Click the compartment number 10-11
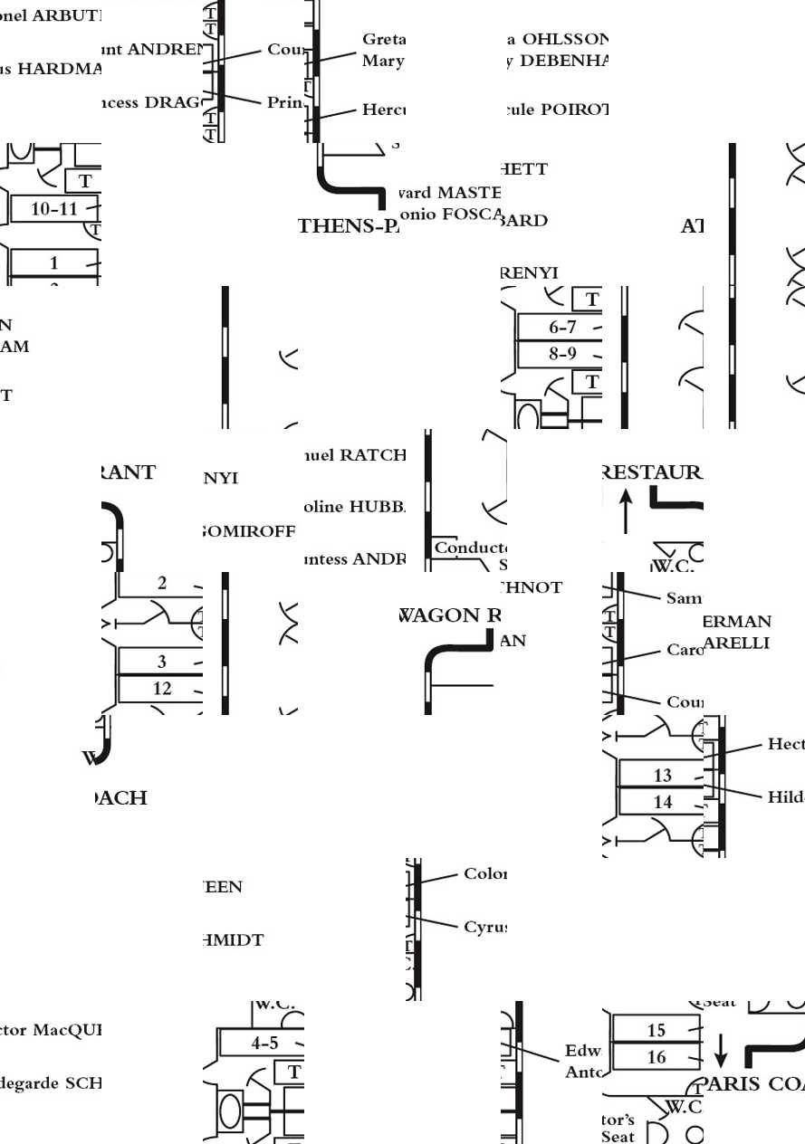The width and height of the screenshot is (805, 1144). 54,209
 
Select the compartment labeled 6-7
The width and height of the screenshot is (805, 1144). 562,328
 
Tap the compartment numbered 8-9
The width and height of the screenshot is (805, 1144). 562,354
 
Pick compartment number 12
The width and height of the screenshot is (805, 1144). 162,689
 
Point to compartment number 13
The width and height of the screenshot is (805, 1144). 663,775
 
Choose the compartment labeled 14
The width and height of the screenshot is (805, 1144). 663,802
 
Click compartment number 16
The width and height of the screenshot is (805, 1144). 656,1057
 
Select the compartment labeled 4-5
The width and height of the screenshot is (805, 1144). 264,1044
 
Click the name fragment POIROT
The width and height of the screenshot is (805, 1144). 574,110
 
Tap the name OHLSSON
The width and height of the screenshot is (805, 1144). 565,40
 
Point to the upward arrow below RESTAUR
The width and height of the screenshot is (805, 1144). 625,511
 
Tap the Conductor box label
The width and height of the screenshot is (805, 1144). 469,548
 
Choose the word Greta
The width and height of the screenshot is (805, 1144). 384,40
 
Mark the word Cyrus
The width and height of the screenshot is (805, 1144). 484,927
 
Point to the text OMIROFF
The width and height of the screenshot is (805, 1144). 251,531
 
